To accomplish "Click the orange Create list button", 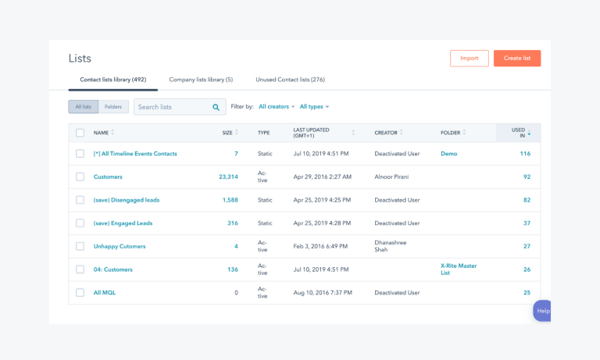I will [516, 59].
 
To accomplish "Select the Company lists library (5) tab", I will [201, 80].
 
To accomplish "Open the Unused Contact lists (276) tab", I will [290, 80].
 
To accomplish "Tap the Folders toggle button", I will [113, 107].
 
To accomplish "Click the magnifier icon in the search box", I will [216, 107].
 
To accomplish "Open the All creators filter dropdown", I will [277, 107].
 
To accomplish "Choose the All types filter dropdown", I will [314, 107].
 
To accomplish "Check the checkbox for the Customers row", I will [80, 177].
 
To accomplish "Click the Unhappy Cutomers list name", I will [120, 247].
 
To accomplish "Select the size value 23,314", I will [228, 177].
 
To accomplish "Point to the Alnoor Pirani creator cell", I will [397, 177].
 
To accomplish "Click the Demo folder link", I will [448, 154].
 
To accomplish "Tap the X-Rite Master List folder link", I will [459, 269].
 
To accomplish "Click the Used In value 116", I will [525, 154].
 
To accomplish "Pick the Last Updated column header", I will [312, 133].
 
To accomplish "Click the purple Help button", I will [542, 311].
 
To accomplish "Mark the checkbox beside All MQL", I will [80, 293].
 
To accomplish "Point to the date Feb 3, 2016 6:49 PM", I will [320, 247].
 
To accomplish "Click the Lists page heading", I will [80, 59].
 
